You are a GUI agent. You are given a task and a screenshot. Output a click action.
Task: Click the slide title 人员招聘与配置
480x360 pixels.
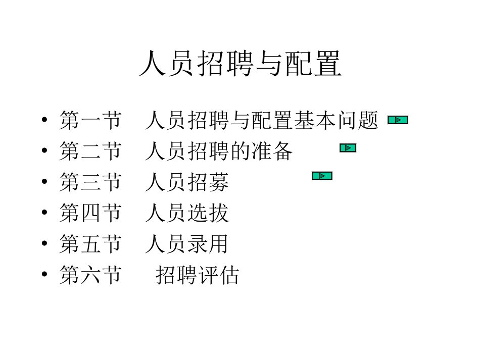point(240,64)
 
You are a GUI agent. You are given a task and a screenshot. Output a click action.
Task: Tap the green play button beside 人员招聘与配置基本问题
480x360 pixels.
point(398,120)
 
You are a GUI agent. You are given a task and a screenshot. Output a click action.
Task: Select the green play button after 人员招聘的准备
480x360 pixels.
point(348,148)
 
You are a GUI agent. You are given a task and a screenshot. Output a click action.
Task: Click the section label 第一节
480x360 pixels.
point(90,121)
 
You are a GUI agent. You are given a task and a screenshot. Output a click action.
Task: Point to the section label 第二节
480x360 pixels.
point(90,151)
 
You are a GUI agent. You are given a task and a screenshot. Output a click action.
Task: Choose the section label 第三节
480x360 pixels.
point(90,182)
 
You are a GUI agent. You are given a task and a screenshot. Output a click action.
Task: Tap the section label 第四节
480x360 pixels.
point(90,213)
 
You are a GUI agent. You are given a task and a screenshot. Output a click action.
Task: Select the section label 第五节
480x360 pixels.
point(90,244)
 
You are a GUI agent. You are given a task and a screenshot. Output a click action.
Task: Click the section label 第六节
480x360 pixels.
point(90,275)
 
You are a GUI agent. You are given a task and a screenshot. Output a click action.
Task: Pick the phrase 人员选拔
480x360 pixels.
point(187,213)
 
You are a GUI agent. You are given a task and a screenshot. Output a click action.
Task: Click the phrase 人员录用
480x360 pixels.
point(186,244)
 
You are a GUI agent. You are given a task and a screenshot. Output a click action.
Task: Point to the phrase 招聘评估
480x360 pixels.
point(197,275)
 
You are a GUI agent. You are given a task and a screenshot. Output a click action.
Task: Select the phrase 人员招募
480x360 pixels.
point(187,182)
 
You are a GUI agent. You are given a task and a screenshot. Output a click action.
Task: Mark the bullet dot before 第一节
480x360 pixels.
point(45,121)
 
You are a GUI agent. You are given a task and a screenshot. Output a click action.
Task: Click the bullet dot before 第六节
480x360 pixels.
point(45,275)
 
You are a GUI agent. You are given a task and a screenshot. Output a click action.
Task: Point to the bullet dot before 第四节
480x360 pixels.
point(45,213)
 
